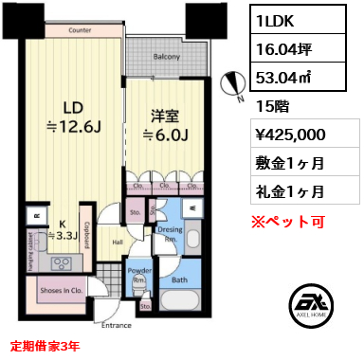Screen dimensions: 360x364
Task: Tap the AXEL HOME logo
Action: point(312,305)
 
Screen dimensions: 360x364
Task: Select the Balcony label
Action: point(167,58)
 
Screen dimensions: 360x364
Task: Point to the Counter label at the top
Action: point(81,31)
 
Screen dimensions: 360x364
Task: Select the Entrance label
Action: point(117,325)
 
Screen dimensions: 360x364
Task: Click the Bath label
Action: point(179,280)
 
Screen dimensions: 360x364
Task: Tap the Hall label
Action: point(117,243)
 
